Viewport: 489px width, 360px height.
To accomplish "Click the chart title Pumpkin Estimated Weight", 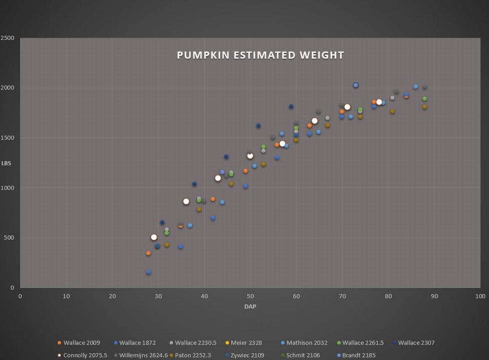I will tap(260, 55).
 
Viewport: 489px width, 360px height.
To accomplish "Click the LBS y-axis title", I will tap(8, 163).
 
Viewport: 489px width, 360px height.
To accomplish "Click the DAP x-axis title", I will tap(250, 307).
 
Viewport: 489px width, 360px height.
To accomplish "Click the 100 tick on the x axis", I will tap(480, 296).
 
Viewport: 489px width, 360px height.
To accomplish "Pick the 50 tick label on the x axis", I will tap(250, 296).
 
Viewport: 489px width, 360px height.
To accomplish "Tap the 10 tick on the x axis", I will tap(66, 296).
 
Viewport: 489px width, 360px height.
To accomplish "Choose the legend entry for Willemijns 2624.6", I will tap(140, 356).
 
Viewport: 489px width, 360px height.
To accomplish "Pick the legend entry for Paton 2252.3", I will tap(194, 356).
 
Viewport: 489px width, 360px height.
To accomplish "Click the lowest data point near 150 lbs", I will tap(149, 272).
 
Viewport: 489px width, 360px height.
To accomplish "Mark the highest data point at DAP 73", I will tap(356, 85).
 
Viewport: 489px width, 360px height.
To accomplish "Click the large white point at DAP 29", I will tap(154, 237).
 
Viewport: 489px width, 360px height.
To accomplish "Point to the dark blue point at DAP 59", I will tap(291, 106).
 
